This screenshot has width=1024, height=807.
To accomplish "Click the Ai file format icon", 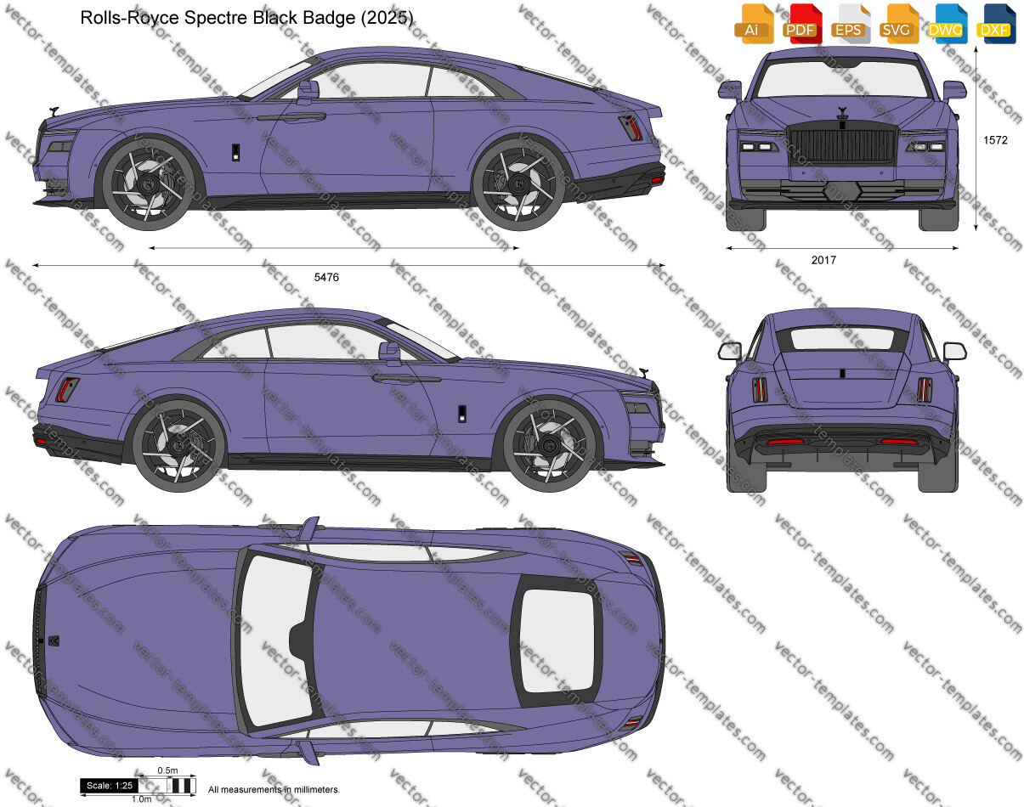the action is click(x=754, y=24).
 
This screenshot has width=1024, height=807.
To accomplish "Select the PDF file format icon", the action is click(x=803, y=24).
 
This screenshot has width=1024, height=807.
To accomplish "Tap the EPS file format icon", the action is click(x=851, y=24).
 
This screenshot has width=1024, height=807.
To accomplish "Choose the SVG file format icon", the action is click(x=899, y=24).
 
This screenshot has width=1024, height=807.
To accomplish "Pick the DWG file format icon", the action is click(x=948, y=24).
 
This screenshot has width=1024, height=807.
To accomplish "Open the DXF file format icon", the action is click(x=997, y=24).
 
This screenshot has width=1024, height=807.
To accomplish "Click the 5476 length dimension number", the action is click(x=326, y=278).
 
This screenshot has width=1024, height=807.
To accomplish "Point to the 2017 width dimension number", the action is click(x=823, y=260).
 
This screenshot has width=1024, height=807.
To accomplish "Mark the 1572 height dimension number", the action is click(x=995, y=140).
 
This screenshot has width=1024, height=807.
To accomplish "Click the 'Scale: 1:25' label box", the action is click(x=110, y=786).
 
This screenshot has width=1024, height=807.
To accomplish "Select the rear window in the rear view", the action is click(x=842, y=338).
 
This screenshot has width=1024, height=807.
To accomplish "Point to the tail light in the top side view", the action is click(x=631, y=128).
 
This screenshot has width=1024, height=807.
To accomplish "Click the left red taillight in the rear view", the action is click(x=760, y=389).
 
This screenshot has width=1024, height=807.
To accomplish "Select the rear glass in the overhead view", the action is click(x=557, y=641).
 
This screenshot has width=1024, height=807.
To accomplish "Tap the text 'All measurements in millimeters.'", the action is click(x=274, y=790).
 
